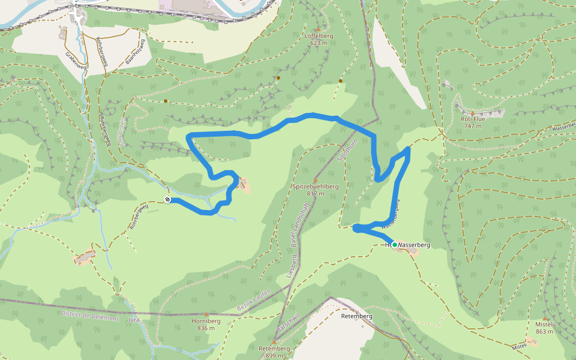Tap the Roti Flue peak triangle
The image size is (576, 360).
click(472, 113)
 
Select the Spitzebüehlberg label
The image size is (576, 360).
click(316, 187)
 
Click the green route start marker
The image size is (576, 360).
click(394, 245)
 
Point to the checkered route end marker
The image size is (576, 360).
click(167, 199)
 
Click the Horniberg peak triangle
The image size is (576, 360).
click(206, 314)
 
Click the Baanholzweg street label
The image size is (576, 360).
click(135, 53)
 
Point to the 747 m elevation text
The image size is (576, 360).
click(473, 126)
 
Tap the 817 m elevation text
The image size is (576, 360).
click(316, 194)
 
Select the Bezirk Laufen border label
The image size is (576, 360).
click(254, 299)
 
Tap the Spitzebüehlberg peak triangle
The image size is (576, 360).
click(316, 179)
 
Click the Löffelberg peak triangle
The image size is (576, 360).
click(318, 28)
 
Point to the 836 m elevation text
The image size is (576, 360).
click(206, 328)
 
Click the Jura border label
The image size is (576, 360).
click(133, 320)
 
